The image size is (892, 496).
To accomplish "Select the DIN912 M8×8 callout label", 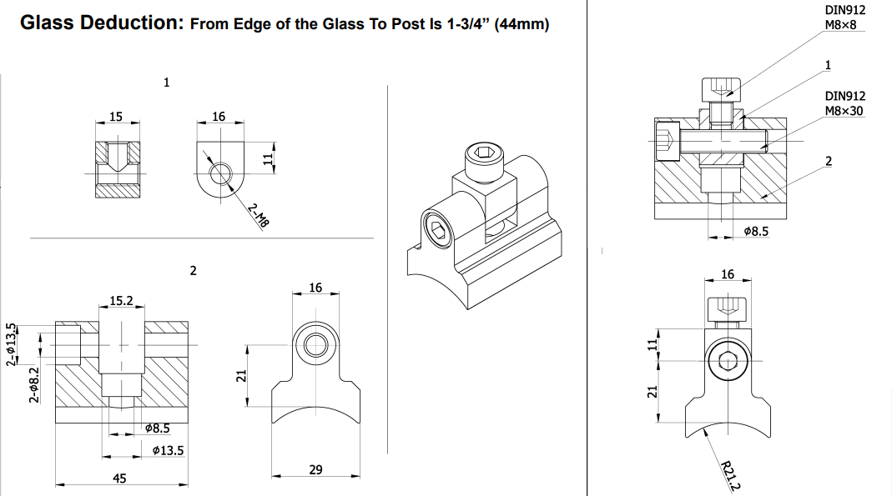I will [844, 18].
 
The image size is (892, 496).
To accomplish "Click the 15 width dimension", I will [116, 117].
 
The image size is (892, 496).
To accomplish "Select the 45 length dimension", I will [120, 478].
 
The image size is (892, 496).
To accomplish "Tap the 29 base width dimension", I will [315, 470].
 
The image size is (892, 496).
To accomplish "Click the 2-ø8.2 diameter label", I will [34, 385].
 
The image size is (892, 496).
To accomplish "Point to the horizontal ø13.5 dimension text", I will [169, 450].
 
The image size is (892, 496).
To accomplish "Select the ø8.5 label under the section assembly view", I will [755, 231].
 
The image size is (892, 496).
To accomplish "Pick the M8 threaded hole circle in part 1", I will [221, 173].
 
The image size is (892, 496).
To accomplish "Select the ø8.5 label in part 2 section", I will [157, 428].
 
